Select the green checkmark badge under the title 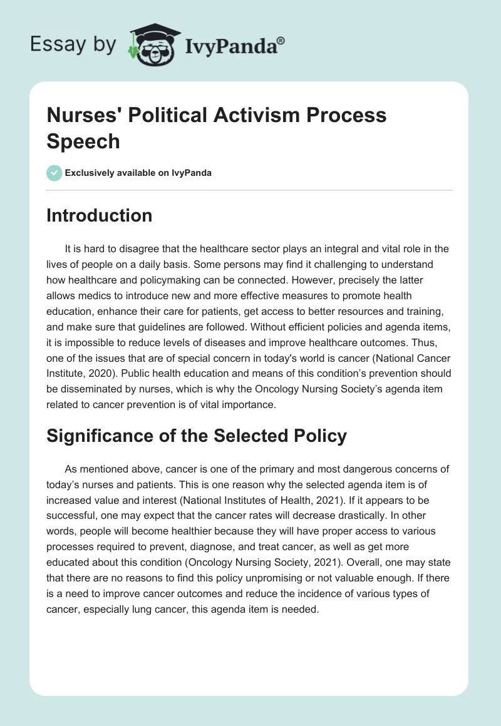[x=54, y=173]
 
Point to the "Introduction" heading [x=100, y=216]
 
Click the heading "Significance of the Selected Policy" [x=197, y=436]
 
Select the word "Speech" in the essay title [x=83, y=141]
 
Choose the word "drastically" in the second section [x=311, y=514]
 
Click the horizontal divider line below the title [x=250, y=190]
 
